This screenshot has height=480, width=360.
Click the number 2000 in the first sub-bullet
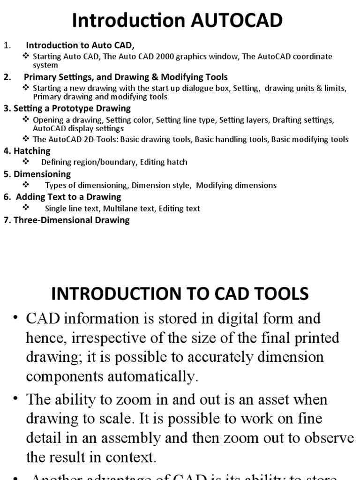155,57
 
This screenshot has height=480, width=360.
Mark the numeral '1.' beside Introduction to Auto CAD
7,45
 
